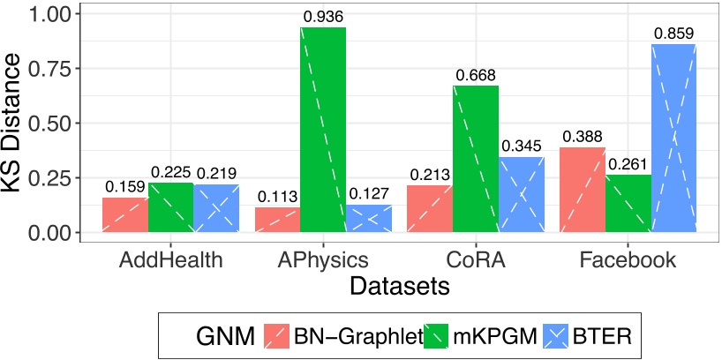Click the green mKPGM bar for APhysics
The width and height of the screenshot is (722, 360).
click(323, 131)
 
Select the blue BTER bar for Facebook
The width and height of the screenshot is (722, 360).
click(674, 139)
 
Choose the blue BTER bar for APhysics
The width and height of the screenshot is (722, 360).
click(369, 219)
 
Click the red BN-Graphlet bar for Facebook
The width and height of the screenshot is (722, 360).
click(583, 191)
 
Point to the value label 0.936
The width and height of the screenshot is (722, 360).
click(323, 16)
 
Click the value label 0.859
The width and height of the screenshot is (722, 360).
click(674, 34)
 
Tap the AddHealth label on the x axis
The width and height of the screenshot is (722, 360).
click(169, 260)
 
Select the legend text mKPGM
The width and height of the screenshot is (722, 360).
click(485, 335)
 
